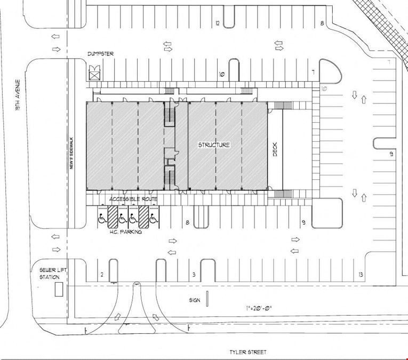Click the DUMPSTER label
pyautogui.click(x=100, y=54)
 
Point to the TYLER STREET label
pyautogui.click(x=248, y=352)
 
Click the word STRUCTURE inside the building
pyautogui.click(x=214, y=145)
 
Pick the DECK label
pyautogui.click(x=275, y=149)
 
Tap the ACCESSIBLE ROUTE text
pyautogui.click(x=133, y=199)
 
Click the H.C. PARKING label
pyautogui.click(x=126, y=231)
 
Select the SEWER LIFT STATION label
pyautogui.click(x=53, y=274)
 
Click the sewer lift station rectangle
pyautogui.click(x=59, y=290)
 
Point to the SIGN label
pyautogui.click(x=195, y=300)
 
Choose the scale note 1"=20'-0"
pyautogui.click(x=259, y=308)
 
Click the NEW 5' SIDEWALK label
pyautogui.click(x=71, y=153)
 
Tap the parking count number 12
pyautogui.click(x=218, y=23)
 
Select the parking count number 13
pyautogui.click(x=361, y=275)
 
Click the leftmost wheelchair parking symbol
pyautogui.click(x=102, y=218)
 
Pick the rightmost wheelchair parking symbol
pyautogui.click(x=154, y=218)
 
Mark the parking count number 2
pyautogui.click(x=102, y=275)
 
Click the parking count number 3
pyautogui.click(x=194, y=275)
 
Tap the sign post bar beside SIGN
pyautogui.click(x=207, y=299)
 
